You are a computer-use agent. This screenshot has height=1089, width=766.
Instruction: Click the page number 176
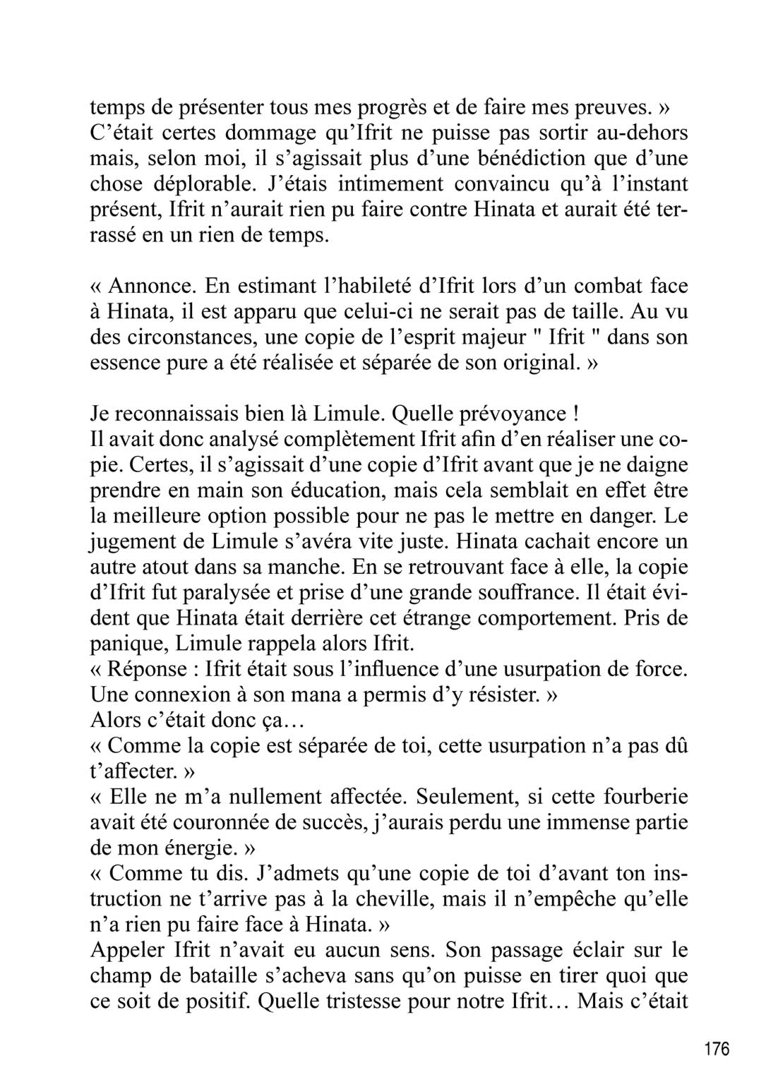point(717,1049)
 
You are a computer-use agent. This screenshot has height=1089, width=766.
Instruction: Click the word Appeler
point(132,951)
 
